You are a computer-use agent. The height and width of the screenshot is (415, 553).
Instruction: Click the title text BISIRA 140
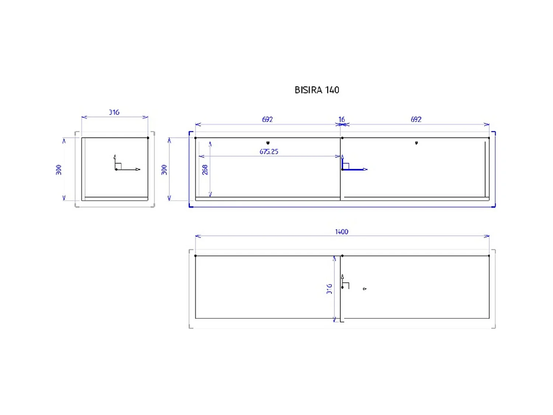click(317, 90)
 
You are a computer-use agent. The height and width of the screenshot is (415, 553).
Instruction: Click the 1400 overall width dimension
click(341, 232)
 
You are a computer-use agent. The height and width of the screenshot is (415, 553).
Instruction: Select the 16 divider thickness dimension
click(342, 120)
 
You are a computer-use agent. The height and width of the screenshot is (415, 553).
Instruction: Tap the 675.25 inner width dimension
click(269, 152)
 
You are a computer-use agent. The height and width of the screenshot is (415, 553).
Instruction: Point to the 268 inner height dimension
click(205, 170)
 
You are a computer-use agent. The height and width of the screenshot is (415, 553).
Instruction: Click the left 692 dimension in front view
click(267, 120)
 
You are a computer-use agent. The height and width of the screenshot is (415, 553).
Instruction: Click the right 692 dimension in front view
click(416, 120)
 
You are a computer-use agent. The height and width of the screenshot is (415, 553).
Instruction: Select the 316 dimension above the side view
click(114, 112)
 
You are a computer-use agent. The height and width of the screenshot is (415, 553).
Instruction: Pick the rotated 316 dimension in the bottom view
click(329, 289)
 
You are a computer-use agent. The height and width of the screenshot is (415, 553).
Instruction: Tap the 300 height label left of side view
click(59, 170)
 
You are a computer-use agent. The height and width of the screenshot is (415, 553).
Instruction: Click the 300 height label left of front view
click(164, 170)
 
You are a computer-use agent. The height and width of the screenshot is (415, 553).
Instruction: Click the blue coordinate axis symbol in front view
click(350, 166)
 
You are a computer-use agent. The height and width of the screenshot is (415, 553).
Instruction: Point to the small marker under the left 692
click(268, 143)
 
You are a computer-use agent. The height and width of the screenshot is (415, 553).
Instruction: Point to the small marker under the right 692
click(417, 143)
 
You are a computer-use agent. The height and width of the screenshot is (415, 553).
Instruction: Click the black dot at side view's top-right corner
click(148, 138)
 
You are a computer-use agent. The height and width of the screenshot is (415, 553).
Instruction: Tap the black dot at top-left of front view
click(195, 138)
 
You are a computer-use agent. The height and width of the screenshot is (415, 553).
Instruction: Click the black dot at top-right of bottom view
click(489, 256)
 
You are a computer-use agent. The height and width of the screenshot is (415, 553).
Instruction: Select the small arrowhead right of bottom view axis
click(365, 289)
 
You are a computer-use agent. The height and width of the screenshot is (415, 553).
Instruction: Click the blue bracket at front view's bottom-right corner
click(494, 206)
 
